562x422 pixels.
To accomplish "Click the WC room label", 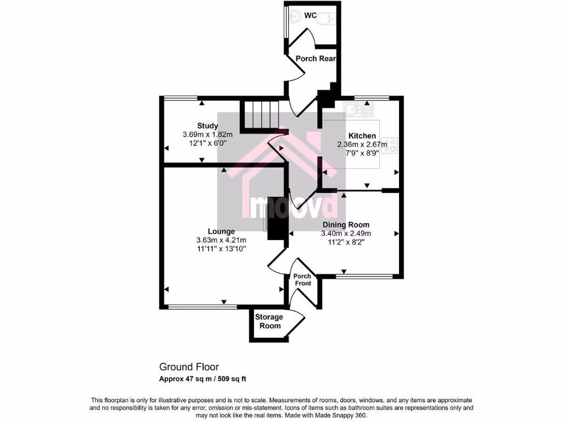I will (x=311, y=15).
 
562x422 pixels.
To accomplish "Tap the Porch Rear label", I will (x=315, y=58).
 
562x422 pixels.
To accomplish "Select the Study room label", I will (x=208, y=126).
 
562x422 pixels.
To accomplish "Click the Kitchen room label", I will (x=362, y=136).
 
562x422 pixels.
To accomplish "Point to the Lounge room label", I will (x=221, y=231).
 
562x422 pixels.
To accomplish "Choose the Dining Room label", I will (x=346, y=225).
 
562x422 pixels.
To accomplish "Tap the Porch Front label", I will (x=302, y=280).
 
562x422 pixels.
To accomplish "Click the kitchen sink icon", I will (x=357, y=110).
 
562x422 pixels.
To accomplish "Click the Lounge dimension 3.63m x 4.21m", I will (x=221, y=240).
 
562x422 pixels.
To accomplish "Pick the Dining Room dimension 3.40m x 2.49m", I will (x=346, y=234).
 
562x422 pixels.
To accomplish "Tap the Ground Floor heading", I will (x=189, y=367).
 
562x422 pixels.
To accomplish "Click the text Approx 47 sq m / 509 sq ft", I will (x=206, y=379).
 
